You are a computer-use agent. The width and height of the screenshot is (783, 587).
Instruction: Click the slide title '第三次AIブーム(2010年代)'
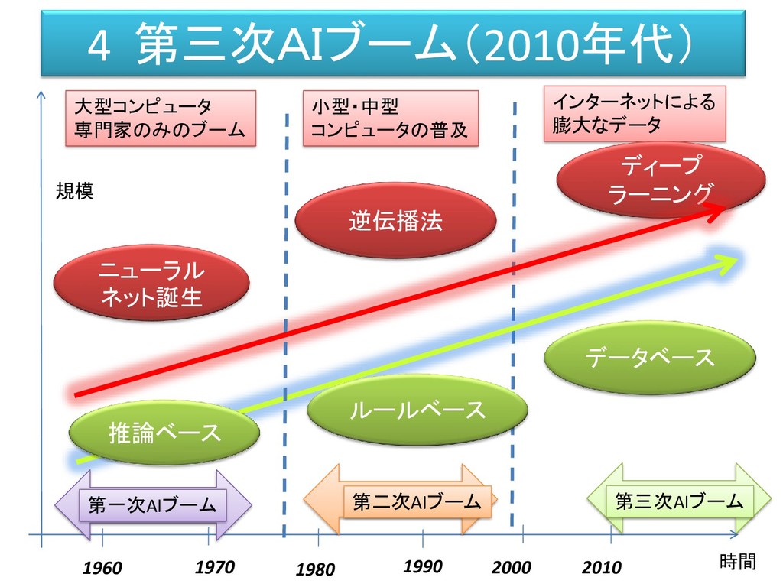click(392, 44)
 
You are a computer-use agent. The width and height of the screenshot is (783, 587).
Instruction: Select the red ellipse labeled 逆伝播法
click(395, 222)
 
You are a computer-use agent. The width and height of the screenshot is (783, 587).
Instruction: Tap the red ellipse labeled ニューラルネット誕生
click(151, 283)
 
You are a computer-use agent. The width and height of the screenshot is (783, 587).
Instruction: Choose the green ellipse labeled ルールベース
click(417, 410)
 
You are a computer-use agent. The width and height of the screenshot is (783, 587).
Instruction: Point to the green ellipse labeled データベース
click(650, 357)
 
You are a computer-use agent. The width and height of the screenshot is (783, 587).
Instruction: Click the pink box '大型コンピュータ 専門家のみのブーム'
click(159, 118)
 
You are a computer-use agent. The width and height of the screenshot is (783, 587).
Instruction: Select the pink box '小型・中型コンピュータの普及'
click(391, 118)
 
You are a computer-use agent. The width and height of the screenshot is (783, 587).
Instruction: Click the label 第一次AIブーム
click(153, 504)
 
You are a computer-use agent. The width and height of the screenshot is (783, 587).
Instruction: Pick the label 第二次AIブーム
click(416, 501)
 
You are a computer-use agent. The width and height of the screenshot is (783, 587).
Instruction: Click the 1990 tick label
click(422, 566)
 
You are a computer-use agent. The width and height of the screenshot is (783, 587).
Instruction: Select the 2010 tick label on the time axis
click(602, 568)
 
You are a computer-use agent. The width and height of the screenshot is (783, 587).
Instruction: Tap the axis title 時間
click(737, 563)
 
